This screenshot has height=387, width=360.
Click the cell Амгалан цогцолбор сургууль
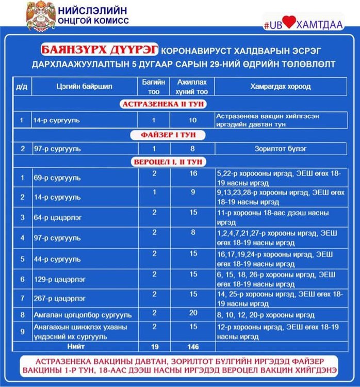[x=83, y=315]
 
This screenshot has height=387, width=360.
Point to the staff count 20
[x=193, y=313]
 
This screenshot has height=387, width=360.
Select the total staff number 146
[x=193, y=347]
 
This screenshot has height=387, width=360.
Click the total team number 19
[x=154, y=347]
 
